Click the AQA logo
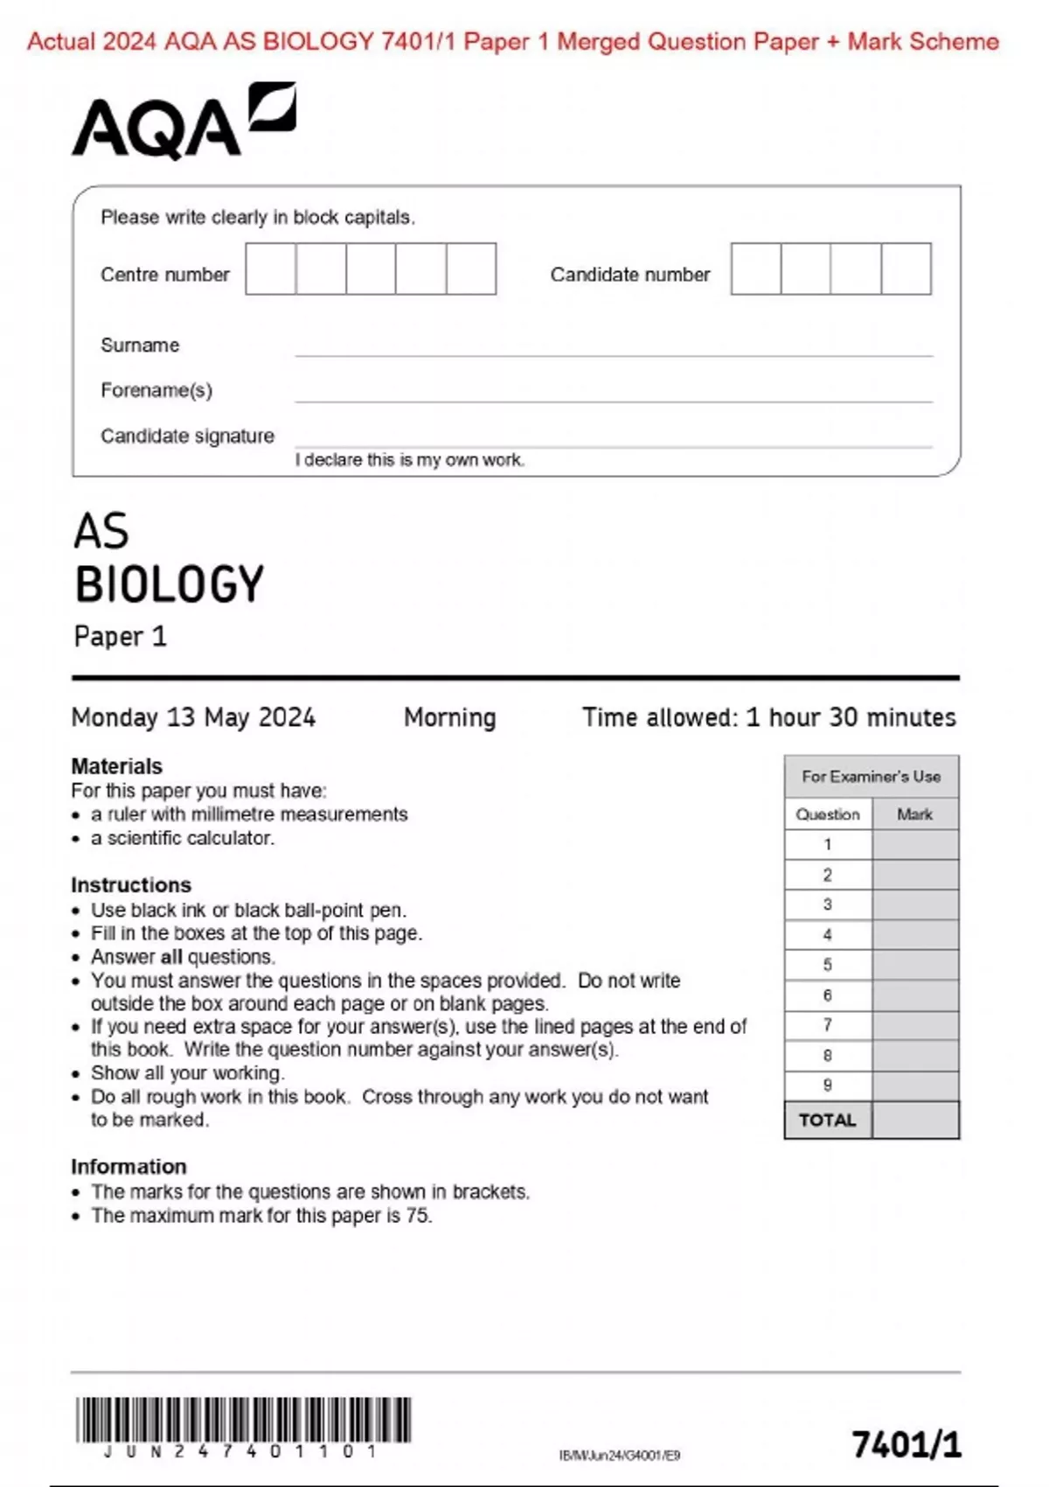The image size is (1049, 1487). click(184, 122)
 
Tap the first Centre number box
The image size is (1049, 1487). click(270, 269)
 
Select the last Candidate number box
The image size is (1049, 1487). click(907, 269)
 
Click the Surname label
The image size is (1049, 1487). click(140, 346)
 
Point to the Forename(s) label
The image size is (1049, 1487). click(156, 390)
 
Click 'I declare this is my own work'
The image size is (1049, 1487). click(410, 460)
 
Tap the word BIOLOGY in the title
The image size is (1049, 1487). click(170, 584)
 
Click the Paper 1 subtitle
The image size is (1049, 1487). click(120, 637)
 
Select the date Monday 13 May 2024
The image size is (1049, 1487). click(193, 718)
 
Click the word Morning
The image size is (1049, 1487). click(449, 718)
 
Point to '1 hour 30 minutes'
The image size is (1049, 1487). click(851, 718)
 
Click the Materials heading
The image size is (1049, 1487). click(116, 766)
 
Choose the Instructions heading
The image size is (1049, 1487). click(131, 885)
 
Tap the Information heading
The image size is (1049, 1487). click(129, 1167)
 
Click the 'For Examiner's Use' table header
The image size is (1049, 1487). click(872, 777)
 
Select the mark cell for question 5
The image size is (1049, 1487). click(915, 966)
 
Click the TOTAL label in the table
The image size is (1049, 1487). click(827, 1120)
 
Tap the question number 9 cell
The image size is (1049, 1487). click(827, 1086)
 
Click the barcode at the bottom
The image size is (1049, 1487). click(243, 1420)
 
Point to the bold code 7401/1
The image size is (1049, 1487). click(907, 1445)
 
